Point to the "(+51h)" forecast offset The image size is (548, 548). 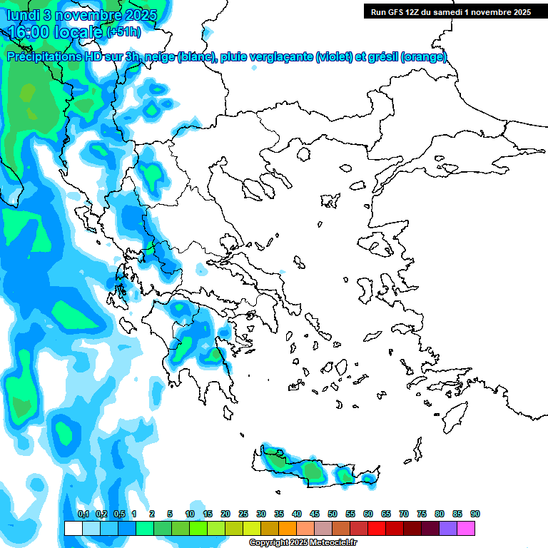(x=123, y=32)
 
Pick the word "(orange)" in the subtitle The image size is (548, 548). (x=424, y=57)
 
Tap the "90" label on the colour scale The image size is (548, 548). (x=475, y=514)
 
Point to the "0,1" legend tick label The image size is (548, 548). (x=83, y=514)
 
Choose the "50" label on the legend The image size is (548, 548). (x=333, y=514)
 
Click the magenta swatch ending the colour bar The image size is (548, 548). (x=466, y=528)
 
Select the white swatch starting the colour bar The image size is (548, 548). (x=73, y=528)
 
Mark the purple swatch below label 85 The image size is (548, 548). (x=448, y=528)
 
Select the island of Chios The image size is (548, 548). (x=367, y=290)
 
